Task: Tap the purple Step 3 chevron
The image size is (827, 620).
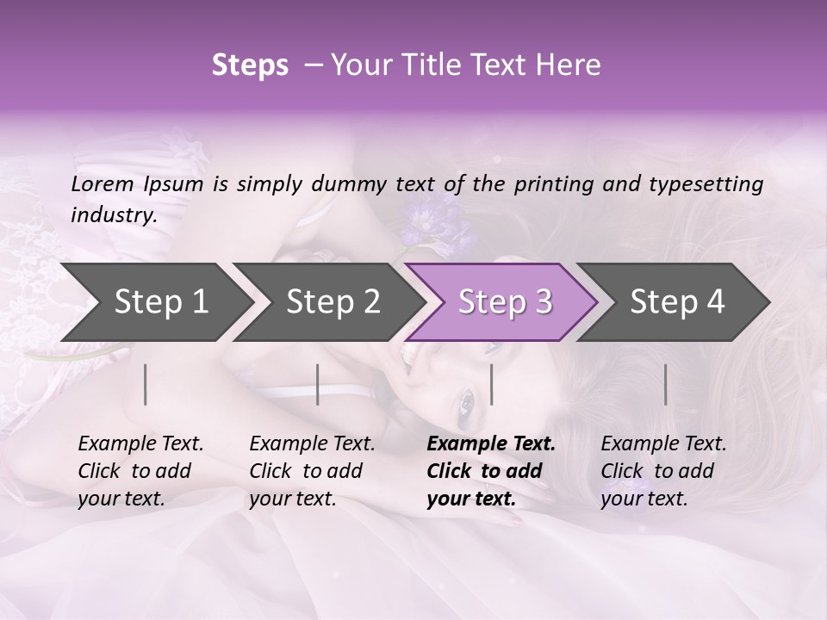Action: coord(504,302)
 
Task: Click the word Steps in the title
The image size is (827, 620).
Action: coord(250,65)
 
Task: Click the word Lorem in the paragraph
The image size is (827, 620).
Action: coord(102,183)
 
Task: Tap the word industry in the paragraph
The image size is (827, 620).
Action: coord(113,214)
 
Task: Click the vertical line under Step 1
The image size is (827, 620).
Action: coord(146,384)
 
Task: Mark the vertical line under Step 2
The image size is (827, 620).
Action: coord(318,384)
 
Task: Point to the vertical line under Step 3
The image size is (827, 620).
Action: coord(492,384)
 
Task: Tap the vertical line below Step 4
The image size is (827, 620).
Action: coord(666,384)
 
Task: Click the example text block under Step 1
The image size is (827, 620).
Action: coord(140,471)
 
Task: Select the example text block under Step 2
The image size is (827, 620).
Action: coord(312,471)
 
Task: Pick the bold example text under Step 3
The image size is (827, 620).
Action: coord(491,471)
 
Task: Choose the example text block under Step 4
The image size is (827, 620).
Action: coord(663,471)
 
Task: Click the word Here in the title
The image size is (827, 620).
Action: coord(572,65)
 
